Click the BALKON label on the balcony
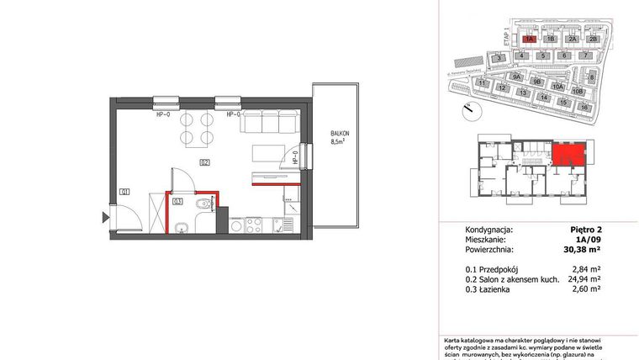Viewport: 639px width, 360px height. [339, 134]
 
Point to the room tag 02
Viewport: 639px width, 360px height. [204, 161]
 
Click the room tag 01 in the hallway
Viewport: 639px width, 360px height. [124, 193]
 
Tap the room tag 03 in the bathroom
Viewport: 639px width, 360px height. [177, 200]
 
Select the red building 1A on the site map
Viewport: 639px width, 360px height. [530, 39]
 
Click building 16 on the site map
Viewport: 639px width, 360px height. [583, 108]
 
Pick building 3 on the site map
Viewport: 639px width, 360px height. [499, 57]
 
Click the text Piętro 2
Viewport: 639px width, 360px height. [586, 228]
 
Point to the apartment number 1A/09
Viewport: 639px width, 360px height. [589, 238]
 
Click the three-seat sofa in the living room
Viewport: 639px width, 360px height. [263, 124]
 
